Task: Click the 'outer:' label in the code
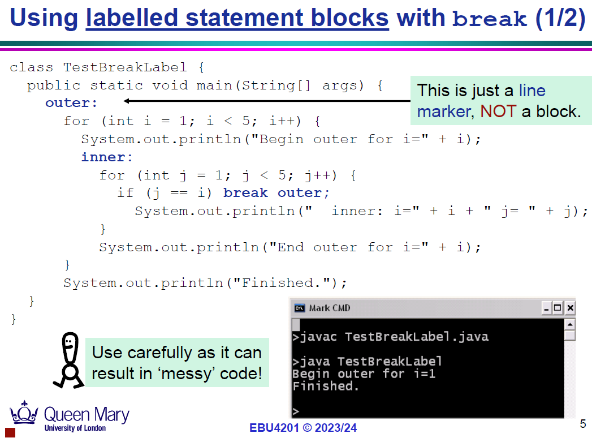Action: (71, 103)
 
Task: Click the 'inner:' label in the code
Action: (107, 157)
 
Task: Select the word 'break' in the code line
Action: (245, 193)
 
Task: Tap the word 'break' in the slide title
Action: (489, 18)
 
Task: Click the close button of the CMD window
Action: (570, 308)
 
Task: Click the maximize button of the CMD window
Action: (558, 308)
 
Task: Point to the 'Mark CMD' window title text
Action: (330, 308)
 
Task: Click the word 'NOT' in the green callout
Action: (498, 111)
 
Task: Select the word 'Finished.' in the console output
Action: (326, 386)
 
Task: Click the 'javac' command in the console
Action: (318, 337)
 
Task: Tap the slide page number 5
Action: (583, 424)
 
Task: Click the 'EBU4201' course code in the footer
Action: (274, 428)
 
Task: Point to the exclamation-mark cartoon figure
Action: (69, 361)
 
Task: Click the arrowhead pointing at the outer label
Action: (127, 101)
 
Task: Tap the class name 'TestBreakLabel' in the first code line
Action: (125, 67)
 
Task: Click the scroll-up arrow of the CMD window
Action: (570, 324)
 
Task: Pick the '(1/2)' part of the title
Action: (561, 18)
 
